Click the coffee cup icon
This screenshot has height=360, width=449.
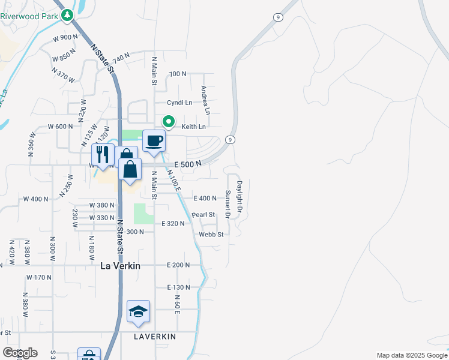click(154, 141)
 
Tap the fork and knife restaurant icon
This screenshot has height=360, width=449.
click(103, 154)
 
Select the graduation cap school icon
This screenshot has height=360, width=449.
click(138, 311)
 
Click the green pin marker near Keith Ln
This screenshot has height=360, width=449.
click(169, 122)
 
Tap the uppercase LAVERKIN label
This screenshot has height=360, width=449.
click(155, 337)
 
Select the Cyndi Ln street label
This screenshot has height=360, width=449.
click(179, 103)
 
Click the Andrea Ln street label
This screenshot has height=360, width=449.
click(205, 100)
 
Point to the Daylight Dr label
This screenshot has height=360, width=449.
click(239, 197)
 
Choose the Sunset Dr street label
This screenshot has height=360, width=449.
click(228, 203)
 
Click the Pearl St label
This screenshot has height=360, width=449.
click(203, 214)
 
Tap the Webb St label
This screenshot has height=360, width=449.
click(211, 234)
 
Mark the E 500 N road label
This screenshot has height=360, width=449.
click(187, 164)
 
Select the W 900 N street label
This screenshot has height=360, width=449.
click(65, 37)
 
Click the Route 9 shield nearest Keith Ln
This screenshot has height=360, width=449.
click(229, 140)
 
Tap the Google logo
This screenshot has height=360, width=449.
click(19, 353)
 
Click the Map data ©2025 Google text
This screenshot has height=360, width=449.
click(411, 355)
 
